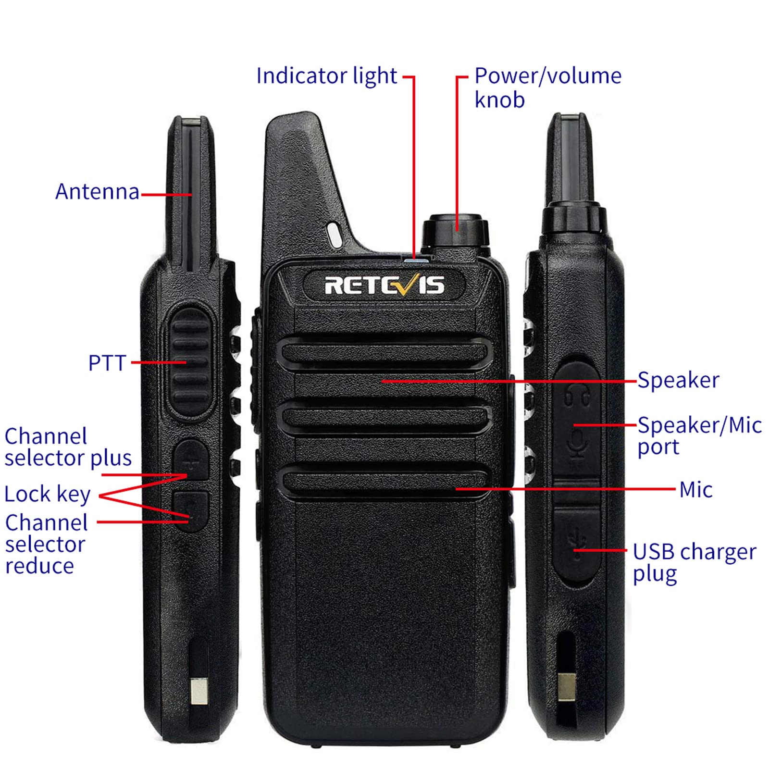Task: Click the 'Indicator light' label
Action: (x=326, y=76)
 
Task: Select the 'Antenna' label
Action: (x=97, y=191)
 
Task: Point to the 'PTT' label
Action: (x=107, y=363)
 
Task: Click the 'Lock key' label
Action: (x=47, y=494)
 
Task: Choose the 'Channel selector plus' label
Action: (x=68, y=447)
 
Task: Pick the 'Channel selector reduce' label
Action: (x=46, y=544)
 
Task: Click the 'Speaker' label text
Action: (x=678, y=380)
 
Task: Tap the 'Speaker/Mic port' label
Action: (x=699, y=435)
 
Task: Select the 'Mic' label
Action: (x=695, y=490)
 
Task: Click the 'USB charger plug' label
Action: (x=694, y=562)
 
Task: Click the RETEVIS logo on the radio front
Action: (x=384, y=285)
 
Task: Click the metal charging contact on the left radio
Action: (x=198, y=691)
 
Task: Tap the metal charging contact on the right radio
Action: (x=567, y=687)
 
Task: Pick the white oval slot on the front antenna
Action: (x=335, y=234)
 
